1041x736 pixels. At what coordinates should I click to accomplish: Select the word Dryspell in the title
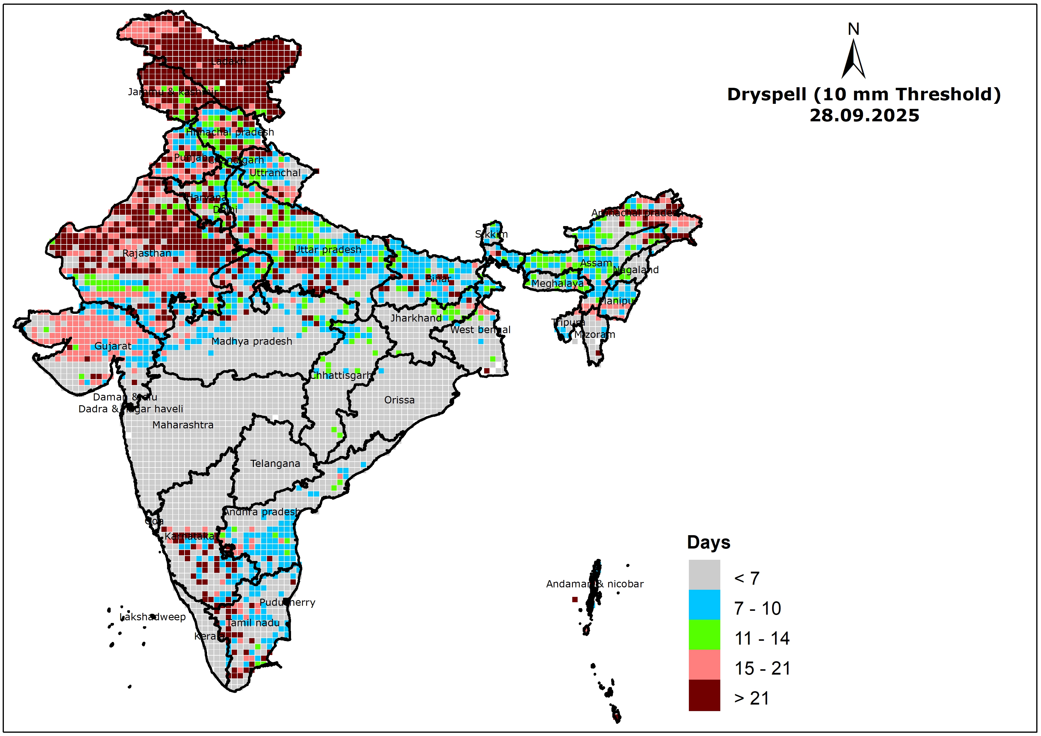pyautogui.click(x=766, y=94)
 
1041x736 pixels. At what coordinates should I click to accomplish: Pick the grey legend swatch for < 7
pyautogui.click(x=704, y=575)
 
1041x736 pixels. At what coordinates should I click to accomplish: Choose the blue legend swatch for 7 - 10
pyautogui.click(x=704, y=605)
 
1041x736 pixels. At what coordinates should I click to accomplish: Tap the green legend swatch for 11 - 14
pyautogui.click(x=704, y=635)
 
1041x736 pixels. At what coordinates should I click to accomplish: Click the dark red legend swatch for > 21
pyautogui.click(x=704, y=695)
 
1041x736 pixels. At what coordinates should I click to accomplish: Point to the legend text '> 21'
pyautogui.click(x=751, y=698)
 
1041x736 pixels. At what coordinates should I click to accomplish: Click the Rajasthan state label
pyautogui.click(x=147, y=253)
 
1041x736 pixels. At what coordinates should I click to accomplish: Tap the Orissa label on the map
pyautogui.click(x=399, y=400)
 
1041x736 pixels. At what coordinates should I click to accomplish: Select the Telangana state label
pyautogui.click(x=275, y=463)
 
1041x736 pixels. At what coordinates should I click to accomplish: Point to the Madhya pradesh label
pyautogui.click(x=252, y=341)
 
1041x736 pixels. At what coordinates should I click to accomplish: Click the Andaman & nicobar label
pyautogui.click(x=595, y=584)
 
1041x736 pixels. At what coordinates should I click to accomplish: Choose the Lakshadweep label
pyautogui.click(x=153, y=617)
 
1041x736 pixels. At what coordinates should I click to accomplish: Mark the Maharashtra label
pyautogui.click(x=183, y=425)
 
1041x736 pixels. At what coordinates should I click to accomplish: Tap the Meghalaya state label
pyautogui.click(x=557, y=283)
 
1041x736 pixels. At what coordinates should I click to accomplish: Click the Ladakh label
pyautogui.click(x=228, y=61)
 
